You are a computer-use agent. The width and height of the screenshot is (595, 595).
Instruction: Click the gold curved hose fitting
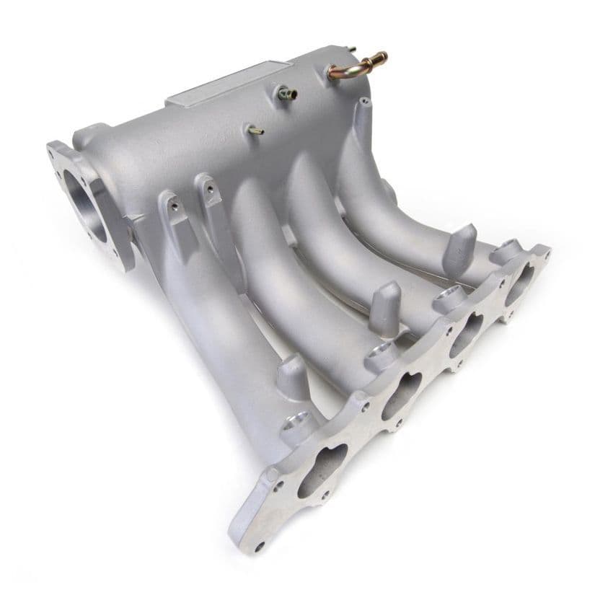click(x=357, y=66)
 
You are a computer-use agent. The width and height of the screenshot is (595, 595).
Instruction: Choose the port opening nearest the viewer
click(x=324, y=470)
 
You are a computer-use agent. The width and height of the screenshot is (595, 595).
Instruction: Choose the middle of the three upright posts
click(x=388, y=306)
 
